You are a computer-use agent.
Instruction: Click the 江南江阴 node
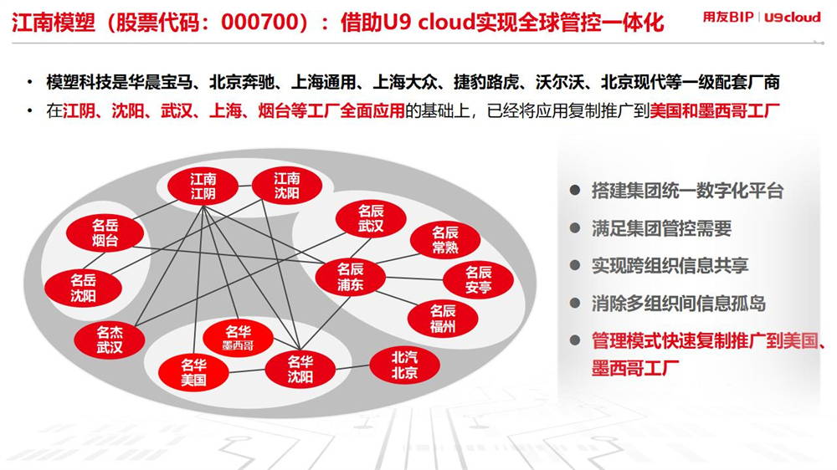click(x=203, y=186)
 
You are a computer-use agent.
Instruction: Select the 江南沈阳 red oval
click(x=286, y=186)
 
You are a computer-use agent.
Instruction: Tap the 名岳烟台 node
click(x=105, y=233)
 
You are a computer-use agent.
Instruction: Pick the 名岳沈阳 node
click(x=83, y=289)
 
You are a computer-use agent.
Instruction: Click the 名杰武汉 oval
click(x=110, y=340)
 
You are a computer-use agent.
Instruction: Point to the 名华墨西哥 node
click(x=238, y=338)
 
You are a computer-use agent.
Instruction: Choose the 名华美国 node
click(x=193, y=373)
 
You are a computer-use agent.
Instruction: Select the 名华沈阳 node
click(x=300, y=369)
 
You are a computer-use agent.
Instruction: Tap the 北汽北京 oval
click(x=404, y=365)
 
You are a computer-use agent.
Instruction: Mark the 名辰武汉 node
click(x=371, y=219)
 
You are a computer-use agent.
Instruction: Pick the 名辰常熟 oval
click(x=445, y=239)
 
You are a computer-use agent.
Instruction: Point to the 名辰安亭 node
click(x=478, y=280)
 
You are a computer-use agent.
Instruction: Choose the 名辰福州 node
click(x=443, y=319)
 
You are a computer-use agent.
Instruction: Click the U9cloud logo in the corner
click(x=792, y=17)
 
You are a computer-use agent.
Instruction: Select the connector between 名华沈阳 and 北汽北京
click(x=352, y=367)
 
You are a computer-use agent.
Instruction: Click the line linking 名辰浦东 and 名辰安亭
click(x=415, y=278)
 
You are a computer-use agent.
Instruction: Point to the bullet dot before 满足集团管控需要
click(x=575, y=227)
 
